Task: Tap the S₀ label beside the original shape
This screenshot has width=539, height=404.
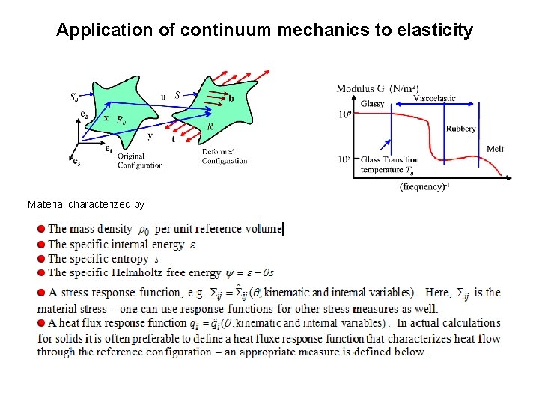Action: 74,97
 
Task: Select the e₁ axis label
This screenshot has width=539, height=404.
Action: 109,149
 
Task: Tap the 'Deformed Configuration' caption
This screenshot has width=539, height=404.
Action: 224,156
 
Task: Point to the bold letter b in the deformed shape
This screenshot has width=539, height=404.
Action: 231,98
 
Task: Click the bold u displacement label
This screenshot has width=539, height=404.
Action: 164,97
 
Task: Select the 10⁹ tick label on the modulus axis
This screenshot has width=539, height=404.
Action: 344,114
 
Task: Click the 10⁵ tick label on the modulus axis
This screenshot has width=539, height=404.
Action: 344,159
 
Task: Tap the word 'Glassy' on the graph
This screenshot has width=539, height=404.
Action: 372,103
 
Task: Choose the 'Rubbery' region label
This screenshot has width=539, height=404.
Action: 460,129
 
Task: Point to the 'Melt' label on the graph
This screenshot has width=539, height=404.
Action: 495,149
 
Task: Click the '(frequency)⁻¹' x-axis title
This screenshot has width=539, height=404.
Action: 424,186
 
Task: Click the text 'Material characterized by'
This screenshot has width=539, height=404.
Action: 86,204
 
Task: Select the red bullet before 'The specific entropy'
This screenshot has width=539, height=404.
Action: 42,259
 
